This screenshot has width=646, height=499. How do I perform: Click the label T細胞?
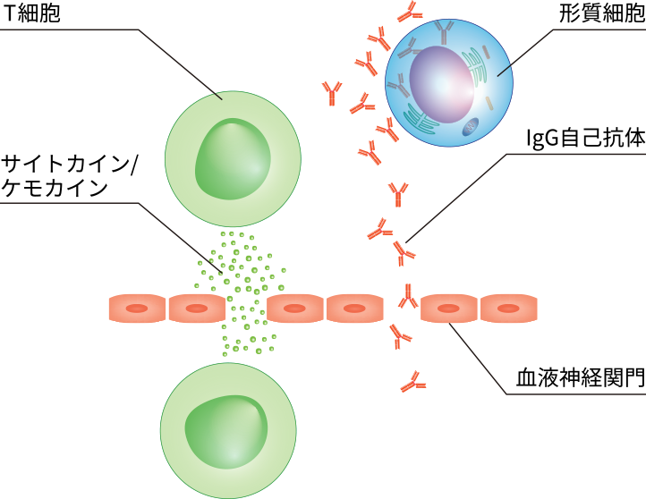(31, 15)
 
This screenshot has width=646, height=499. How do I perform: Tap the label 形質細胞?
(599, 15)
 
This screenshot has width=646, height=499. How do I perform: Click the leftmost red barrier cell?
(137, 309)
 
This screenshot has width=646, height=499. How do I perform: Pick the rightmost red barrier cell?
(509, 309)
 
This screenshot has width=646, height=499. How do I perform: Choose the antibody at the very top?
(411, 12)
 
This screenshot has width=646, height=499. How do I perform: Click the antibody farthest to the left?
(333, 91)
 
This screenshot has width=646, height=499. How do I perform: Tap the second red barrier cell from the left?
(197, 309)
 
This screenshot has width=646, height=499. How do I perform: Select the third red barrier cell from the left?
(295, 309)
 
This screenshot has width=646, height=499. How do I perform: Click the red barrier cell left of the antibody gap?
(355, 309)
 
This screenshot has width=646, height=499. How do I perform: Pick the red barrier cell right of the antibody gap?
(449, 309)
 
